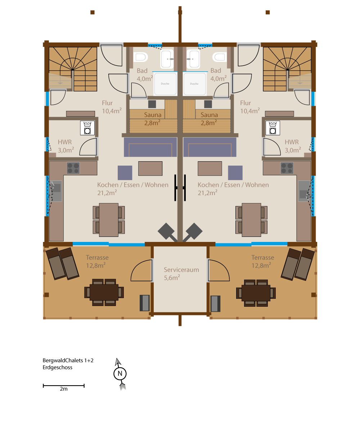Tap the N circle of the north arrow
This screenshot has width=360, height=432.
tap(120, 373)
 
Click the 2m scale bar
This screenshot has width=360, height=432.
tap(63, 386)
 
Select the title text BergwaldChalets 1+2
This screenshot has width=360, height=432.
tap(68, 360)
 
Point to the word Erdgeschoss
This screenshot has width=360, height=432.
tap(57, 368)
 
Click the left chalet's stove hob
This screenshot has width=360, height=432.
tap(73, 168)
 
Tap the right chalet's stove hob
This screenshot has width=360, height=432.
tap(287, 168)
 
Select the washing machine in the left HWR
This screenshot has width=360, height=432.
tap(87, 128)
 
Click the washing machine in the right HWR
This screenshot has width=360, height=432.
tap(273, 128)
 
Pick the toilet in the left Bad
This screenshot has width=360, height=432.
tap(141, 57)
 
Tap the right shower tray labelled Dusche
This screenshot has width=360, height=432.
tap(194, 84)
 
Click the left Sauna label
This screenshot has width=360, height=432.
tap(153, 115)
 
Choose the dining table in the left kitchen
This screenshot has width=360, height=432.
tap(109, 220)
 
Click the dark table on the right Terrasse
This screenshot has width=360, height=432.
tap(256, 293)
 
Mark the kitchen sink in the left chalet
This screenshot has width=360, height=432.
tap(56, 191)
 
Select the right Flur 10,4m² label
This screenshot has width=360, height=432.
tap(250, 107)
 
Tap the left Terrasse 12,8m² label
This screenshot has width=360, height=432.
tap(97, 261)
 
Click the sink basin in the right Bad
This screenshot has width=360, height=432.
tap(193, 59)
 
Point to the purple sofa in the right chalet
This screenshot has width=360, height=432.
tap(210, 147)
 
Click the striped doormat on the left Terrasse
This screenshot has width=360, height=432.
tap(145, 303)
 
